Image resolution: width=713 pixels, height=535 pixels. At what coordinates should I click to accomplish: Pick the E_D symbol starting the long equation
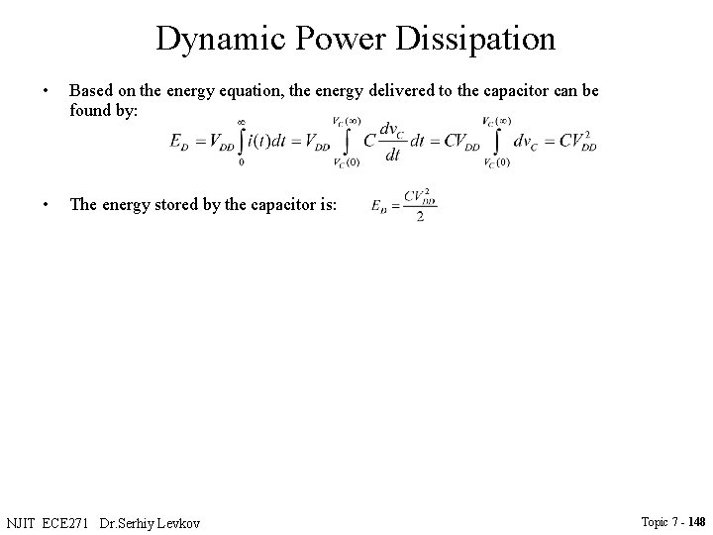[182, 142]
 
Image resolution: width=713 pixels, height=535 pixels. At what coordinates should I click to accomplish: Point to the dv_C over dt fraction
[394, 142]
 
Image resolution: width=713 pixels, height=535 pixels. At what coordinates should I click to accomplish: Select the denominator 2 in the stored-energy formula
[421, 218]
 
